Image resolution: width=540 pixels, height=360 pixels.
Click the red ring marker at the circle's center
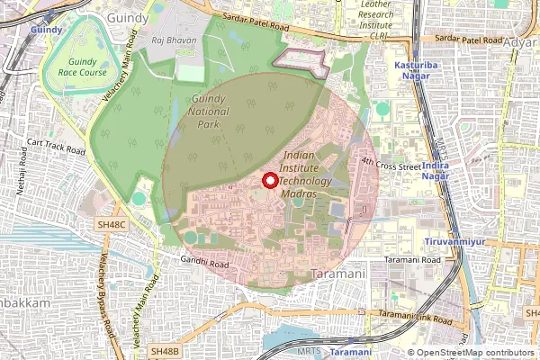(x=268, y=181)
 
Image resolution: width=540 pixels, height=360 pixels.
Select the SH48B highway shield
(x=166, y=349)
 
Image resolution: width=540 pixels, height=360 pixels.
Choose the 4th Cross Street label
(x=391, y=165)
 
